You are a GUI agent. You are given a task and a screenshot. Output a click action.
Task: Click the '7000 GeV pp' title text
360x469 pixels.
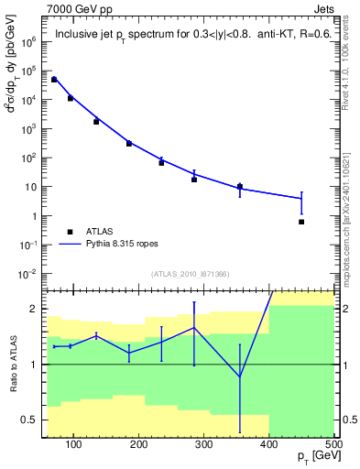[x=76, y=7]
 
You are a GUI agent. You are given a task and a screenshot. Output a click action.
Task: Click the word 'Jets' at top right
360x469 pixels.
[x=324, y=7]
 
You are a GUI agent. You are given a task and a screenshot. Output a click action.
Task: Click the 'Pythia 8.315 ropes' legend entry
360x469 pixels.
[x=122, y=245]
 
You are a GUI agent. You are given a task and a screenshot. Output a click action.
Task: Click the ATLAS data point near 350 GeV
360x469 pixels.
[x=240, y=187]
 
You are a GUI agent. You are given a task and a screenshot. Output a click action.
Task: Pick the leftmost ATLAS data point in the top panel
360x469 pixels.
[x=54, y=80]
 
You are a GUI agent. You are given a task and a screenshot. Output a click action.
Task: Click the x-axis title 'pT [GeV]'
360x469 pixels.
[x=311, y=456]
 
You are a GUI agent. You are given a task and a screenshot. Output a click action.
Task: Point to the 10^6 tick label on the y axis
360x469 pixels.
[x=28, y=41]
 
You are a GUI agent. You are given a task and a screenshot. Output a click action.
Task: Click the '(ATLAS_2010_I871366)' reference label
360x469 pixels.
[x=188, y=273]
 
